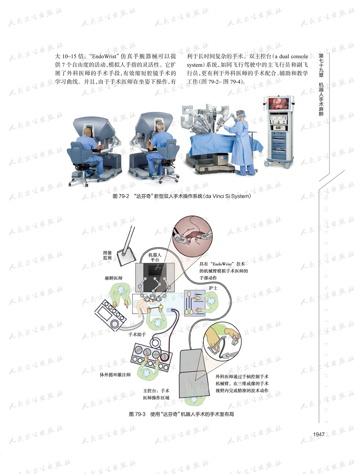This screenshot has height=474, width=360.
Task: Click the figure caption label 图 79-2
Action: [121, 196]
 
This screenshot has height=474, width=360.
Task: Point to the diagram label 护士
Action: [213, 287]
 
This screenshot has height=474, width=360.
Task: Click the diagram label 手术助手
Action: [137, 334]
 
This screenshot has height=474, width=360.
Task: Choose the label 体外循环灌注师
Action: [115, 375]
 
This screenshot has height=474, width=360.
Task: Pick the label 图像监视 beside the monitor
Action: [107, 255]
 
